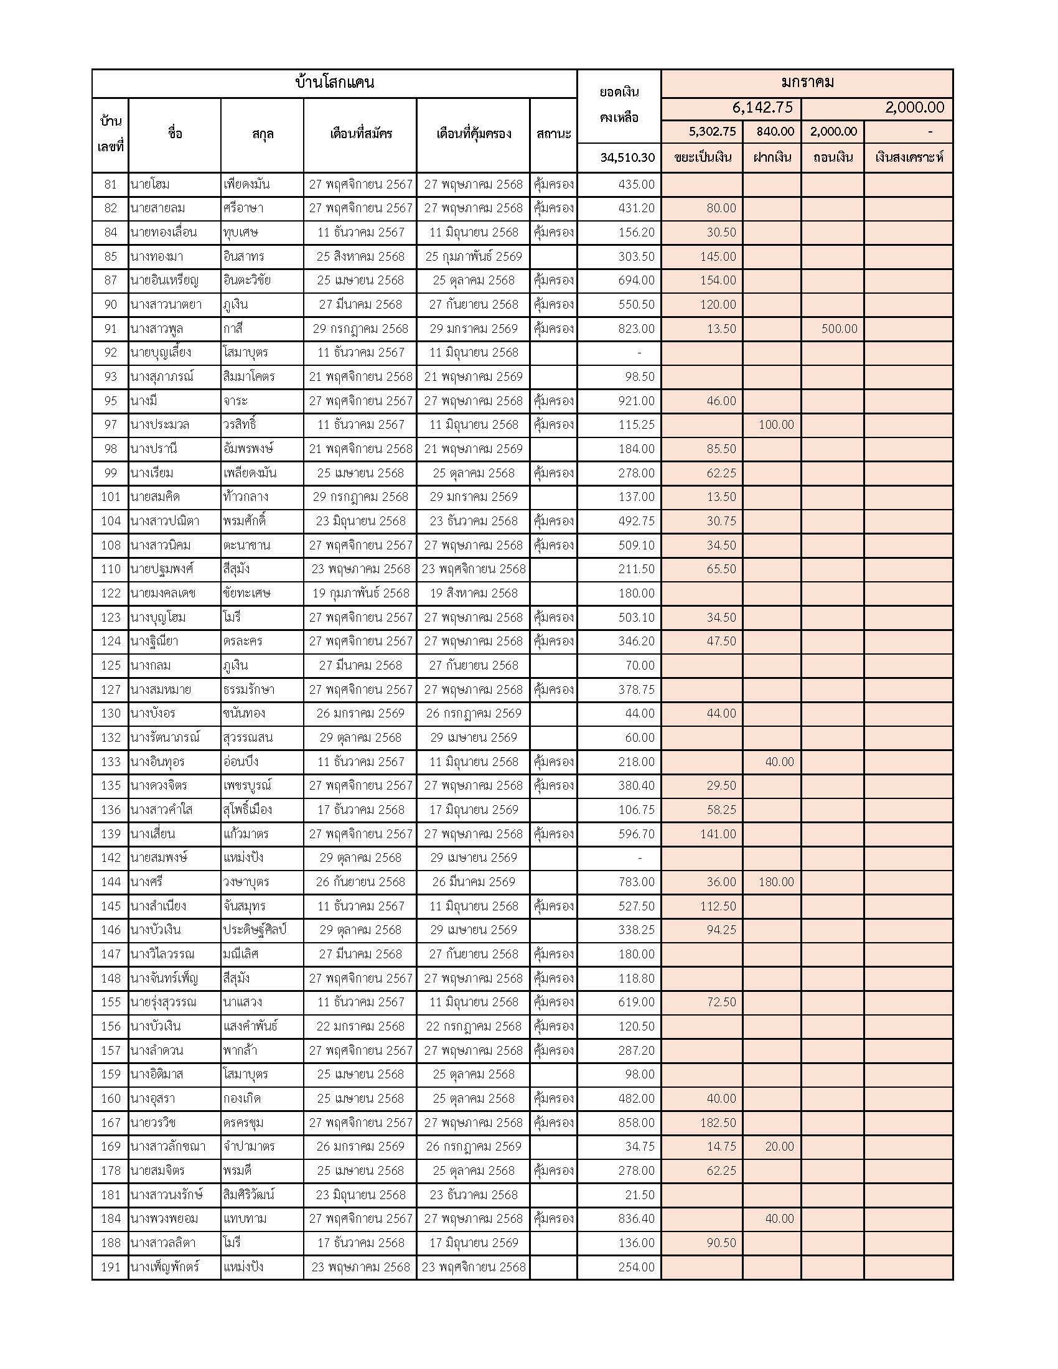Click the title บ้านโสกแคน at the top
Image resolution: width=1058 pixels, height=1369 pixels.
(334, 83)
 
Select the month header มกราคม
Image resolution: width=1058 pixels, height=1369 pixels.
(807, 83)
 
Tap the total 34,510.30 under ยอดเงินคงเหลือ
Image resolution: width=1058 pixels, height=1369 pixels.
(627, 157)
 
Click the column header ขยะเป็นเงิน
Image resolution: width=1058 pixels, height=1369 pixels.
(702, 157)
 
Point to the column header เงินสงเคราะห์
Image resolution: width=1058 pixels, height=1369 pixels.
(908, 157)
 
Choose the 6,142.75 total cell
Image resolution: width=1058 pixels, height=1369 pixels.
(762, 108)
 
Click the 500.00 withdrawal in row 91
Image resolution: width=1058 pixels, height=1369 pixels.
(839, 329)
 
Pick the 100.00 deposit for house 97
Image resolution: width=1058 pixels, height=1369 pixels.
(776, 425)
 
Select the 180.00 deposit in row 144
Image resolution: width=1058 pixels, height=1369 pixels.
(776, 882)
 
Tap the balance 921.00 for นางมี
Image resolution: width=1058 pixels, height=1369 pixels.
(636, 401)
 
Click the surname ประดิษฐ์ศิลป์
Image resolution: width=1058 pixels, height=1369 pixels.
(255, 930)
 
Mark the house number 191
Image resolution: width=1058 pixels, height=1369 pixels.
(110, 1267)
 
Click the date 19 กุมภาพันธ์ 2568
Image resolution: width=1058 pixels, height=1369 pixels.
(360, 593)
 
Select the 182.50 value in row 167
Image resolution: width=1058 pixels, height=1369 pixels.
(718, 1123)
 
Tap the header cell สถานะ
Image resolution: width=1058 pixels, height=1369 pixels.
(553, 134)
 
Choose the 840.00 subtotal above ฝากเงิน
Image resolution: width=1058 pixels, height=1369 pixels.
(775, 132)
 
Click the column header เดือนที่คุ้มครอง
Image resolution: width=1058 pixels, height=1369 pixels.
(473, 134)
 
